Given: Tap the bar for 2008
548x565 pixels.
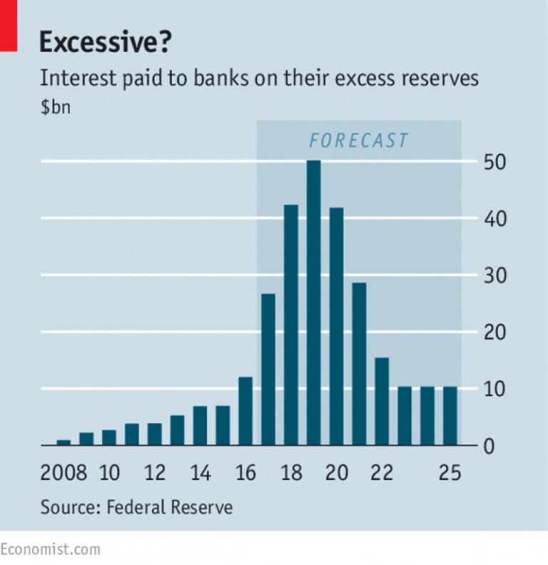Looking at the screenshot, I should click(x=64, y=442).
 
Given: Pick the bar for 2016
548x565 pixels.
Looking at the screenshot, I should click(x=245, y=411).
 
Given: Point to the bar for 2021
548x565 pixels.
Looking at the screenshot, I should click(x=359, y=364).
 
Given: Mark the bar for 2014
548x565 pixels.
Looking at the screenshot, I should click(x=201, y=425).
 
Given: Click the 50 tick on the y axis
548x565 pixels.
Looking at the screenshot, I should click(x=497, y=162).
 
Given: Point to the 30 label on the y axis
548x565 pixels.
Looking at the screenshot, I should click(x=497, y=275).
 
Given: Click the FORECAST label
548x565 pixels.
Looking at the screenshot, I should click(x=358, y=140).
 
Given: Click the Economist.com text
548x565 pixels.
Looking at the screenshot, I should click(x=50, y=549).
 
